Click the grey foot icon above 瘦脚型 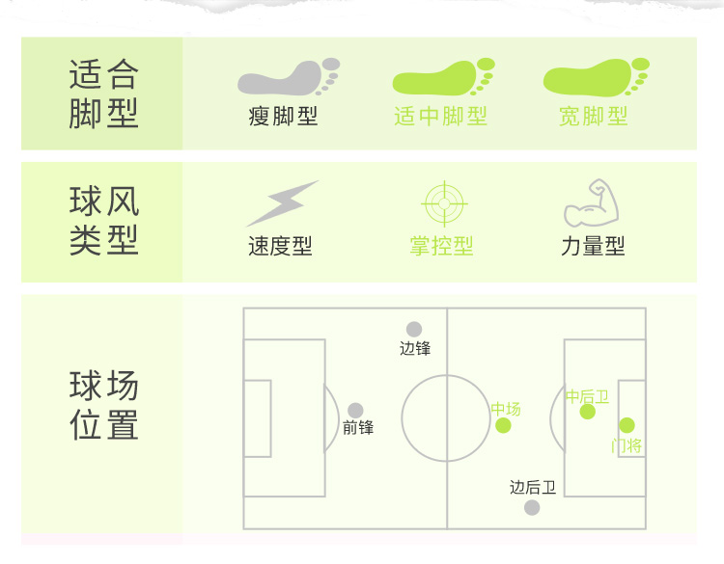pyautogui.click(x=288, y=77)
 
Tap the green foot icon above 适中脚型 pyautogui.click(x=442, y=77)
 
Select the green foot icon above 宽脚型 pyautogui.click(x=595, y=77)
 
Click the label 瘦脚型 pyautogui.click(x=283, y=118)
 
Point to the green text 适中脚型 pyautogui.click(x=441, y=118)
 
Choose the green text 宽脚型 pyautogui.click(x=594, y=118)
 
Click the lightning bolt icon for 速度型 pyautogui.click(x=282, y=203)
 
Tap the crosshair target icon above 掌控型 pyautogui.click(x=444, y=203)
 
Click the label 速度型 pyautogui.click(x=280, y=247)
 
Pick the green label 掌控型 pyautogui.click(x=441, y=247)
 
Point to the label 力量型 pyautogui.click(x=593, y=247)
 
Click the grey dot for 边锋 pyautogui.click(x=414, y=330)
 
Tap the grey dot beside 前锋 pyautogui.click(x=355, y=411)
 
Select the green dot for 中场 pyautogui.click(x=503, y=425)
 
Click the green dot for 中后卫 pyautogui.click(x=587, y=412)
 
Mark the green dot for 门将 pyautogui.click(x=627, y=425)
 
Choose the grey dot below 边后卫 pyautogui.click(x=532, y=507)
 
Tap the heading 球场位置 pyautogui.click(x=104, y=405)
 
